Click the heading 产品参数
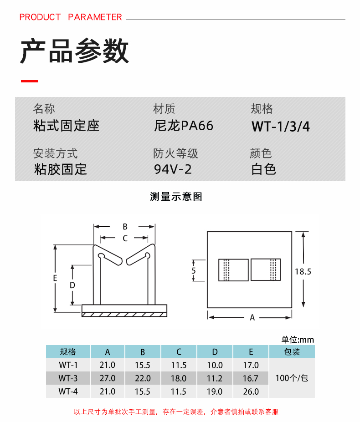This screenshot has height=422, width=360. [74, 52]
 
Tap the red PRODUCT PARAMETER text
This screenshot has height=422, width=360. [71, 17]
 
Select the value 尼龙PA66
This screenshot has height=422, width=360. [184, 126]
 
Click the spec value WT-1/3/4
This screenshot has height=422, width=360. [280, 126]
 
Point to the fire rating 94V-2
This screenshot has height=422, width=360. [173, 169]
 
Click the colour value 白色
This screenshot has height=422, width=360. [264, 169]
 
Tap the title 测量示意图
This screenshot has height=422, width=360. [176, 197]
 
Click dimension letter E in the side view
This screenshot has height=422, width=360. [55, 278]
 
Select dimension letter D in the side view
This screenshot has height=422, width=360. [72, 285]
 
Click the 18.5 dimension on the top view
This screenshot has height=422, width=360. [303, 271]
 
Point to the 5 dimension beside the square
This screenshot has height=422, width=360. [194, 270]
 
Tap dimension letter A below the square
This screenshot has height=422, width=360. [252, 318]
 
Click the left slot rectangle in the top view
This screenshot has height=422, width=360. [233, 270]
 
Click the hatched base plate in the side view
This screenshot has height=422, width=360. [125, 313]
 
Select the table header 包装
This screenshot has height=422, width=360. [292, 351]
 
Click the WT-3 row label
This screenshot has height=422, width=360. [68, 378]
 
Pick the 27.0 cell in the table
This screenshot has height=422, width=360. [108, 378]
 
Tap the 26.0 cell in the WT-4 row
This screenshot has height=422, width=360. [251, 391]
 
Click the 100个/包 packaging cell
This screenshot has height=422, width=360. [292, 378]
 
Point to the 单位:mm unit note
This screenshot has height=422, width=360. [298, 340]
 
